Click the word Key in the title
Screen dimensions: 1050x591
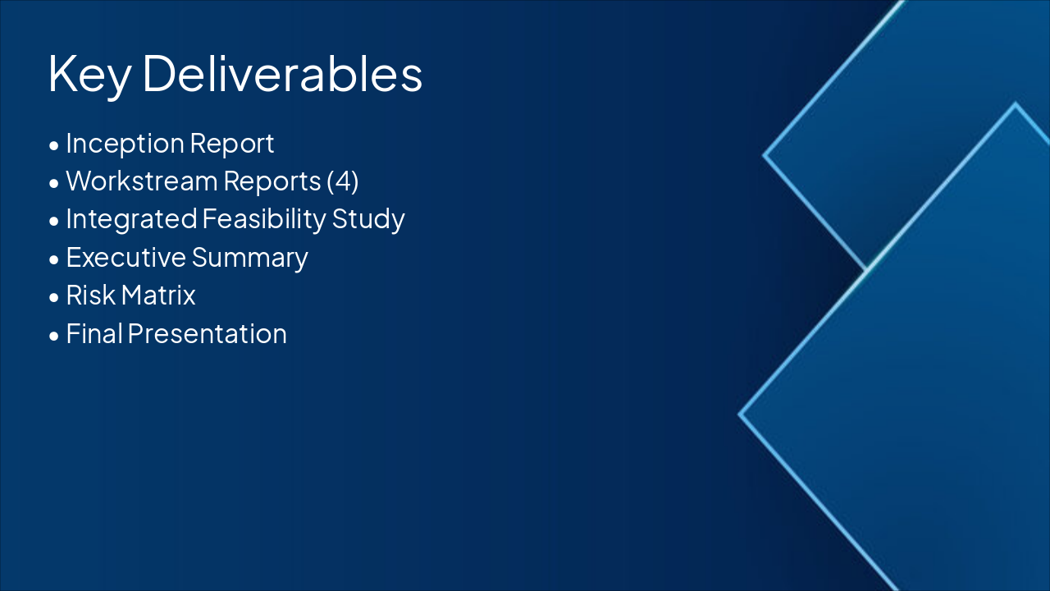pos(89,76)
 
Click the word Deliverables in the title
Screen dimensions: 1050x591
pos(282,73)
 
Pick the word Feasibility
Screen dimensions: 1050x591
pos(264,219)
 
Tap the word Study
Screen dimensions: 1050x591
pos(368,219)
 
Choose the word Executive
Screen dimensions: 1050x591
pos(126,257)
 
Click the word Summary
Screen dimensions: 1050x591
pos(250,259)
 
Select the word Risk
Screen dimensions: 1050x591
pos(90,295)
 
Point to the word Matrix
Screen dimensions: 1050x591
pos(158,295)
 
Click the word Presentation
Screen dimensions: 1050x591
pos(207,334)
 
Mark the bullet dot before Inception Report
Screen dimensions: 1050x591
pos(54,145)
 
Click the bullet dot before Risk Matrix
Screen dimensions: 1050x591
pos(54,297)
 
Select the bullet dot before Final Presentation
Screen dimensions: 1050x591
pos(54,336)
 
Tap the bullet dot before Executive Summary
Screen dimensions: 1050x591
pos(54,259)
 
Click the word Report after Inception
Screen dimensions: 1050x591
pos(232,144)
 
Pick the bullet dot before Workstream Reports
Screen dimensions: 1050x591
pos(54,183)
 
